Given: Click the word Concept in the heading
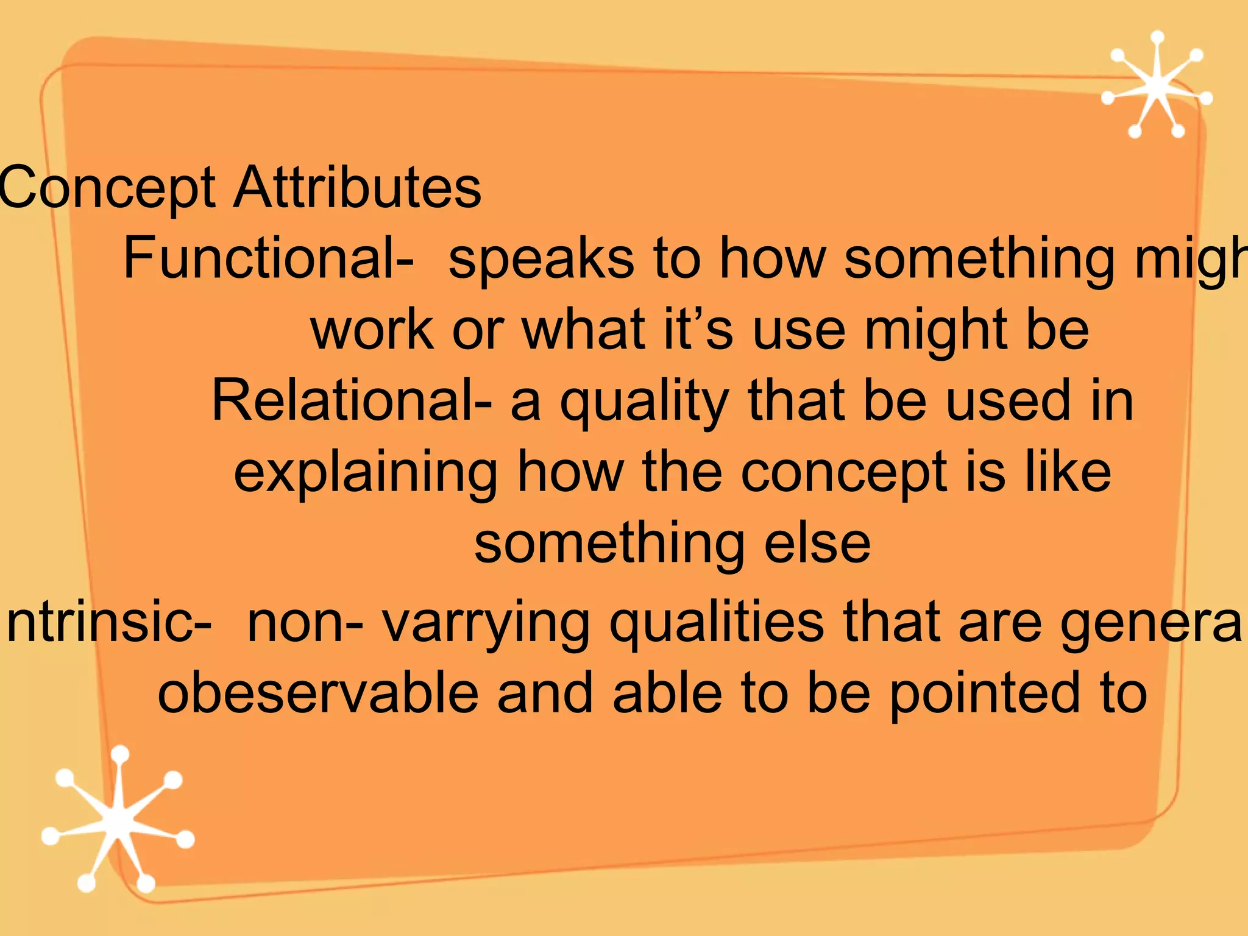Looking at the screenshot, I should tap(107, 188).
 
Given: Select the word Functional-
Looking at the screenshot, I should tap(268, 258).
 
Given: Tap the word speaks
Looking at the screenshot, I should tap(541, 259).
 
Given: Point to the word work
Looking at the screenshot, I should tap(372, 330).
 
